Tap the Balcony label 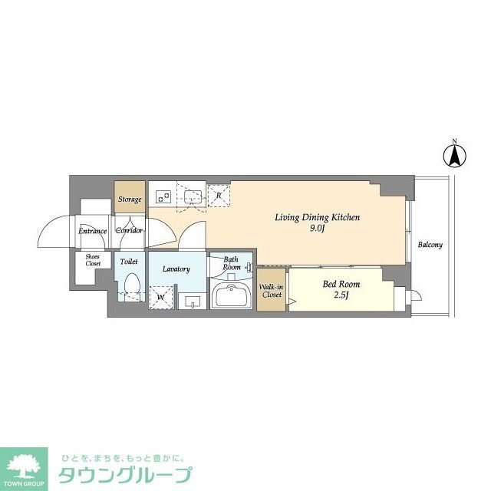(x=430, y=245)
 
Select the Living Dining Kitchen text (x=317, y=217)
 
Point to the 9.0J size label (x=318, y=229)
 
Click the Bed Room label (x=340, y=284)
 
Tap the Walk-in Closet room (x=272, y=290)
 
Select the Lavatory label (x=176, y=269)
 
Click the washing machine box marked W (x=161, y=295)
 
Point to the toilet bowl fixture (x=131, y=286)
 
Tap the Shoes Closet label (x=93, y=260)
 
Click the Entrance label (x=93, y=230)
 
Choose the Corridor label (x=129, y=230)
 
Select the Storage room (x=129, y=199)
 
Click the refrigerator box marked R (x=219, y=196)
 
